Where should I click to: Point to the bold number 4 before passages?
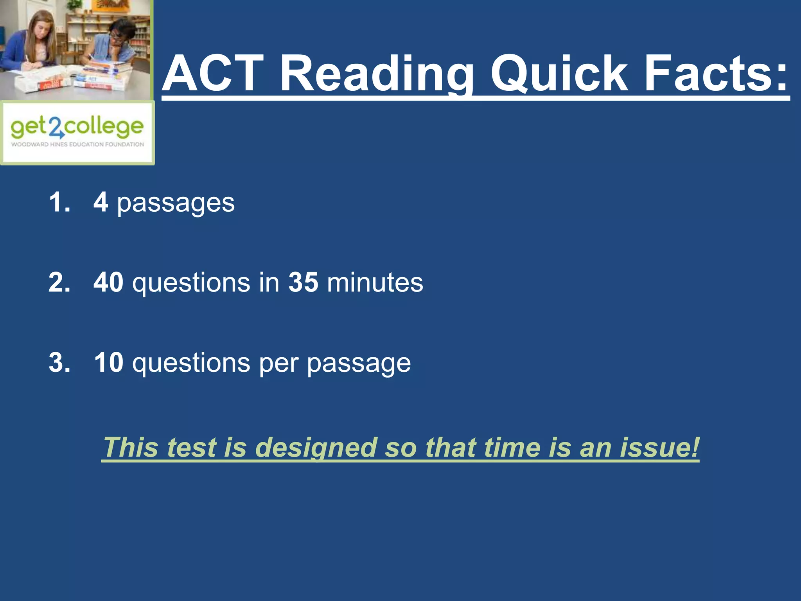101,202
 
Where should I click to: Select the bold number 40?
108,282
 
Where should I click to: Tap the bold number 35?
303,282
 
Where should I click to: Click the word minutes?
375,282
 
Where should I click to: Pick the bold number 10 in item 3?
109,362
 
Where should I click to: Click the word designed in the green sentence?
316,447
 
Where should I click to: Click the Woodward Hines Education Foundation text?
77,144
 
